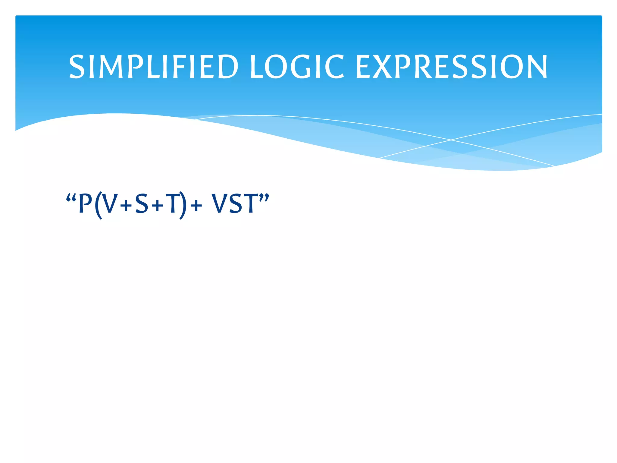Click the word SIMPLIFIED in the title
(153, 67)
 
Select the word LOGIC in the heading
(297, 67)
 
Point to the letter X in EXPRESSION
(382, 67)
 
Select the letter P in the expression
(85, 204)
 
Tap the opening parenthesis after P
(98, 205)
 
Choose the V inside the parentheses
(110, 204)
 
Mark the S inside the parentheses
(142, 204)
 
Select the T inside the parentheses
(172, 204)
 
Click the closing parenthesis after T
(183, 205)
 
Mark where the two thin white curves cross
(451, 140)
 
